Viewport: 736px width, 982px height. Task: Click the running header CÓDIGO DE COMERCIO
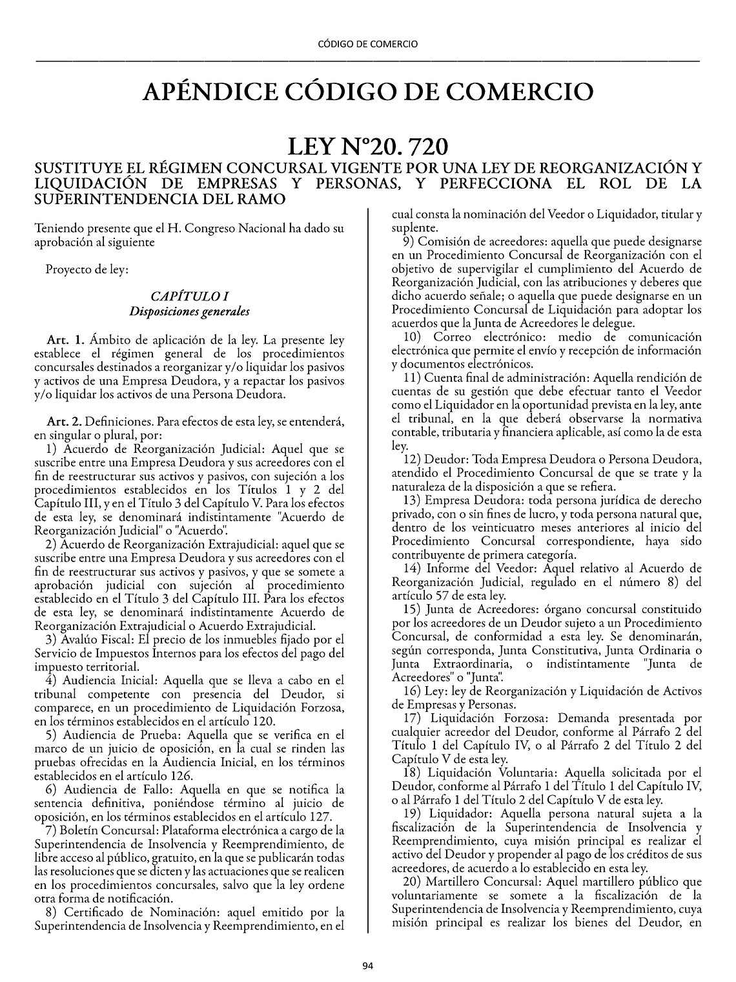click(x=368, y=44)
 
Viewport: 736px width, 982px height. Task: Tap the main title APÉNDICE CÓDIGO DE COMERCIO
click(x=368, y=92)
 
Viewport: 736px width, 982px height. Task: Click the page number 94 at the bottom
click(x=367, y=966)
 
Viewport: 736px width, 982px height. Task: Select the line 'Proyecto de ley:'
click(x=87, y=269)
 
